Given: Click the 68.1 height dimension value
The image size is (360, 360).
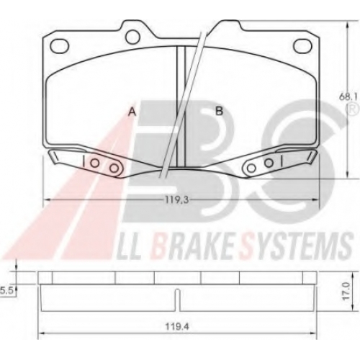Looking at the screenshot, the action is [348, 97].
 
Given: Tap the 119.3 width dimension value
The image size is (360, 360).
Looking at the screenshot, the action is [176, 199].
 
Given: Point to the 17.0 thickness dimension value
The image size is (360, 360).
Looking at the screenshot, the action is [345, 291].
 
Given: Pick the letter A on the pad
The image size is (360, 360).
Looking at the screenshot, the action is [132, 112].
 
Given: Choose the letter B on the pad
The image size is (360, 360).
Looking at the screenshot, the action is [219, 111].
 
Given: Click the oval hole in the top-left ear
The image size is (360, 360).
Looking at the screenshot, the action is [59, 45].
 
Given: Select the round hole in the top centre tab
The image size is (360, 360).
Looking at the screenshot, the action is [132, 37].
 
